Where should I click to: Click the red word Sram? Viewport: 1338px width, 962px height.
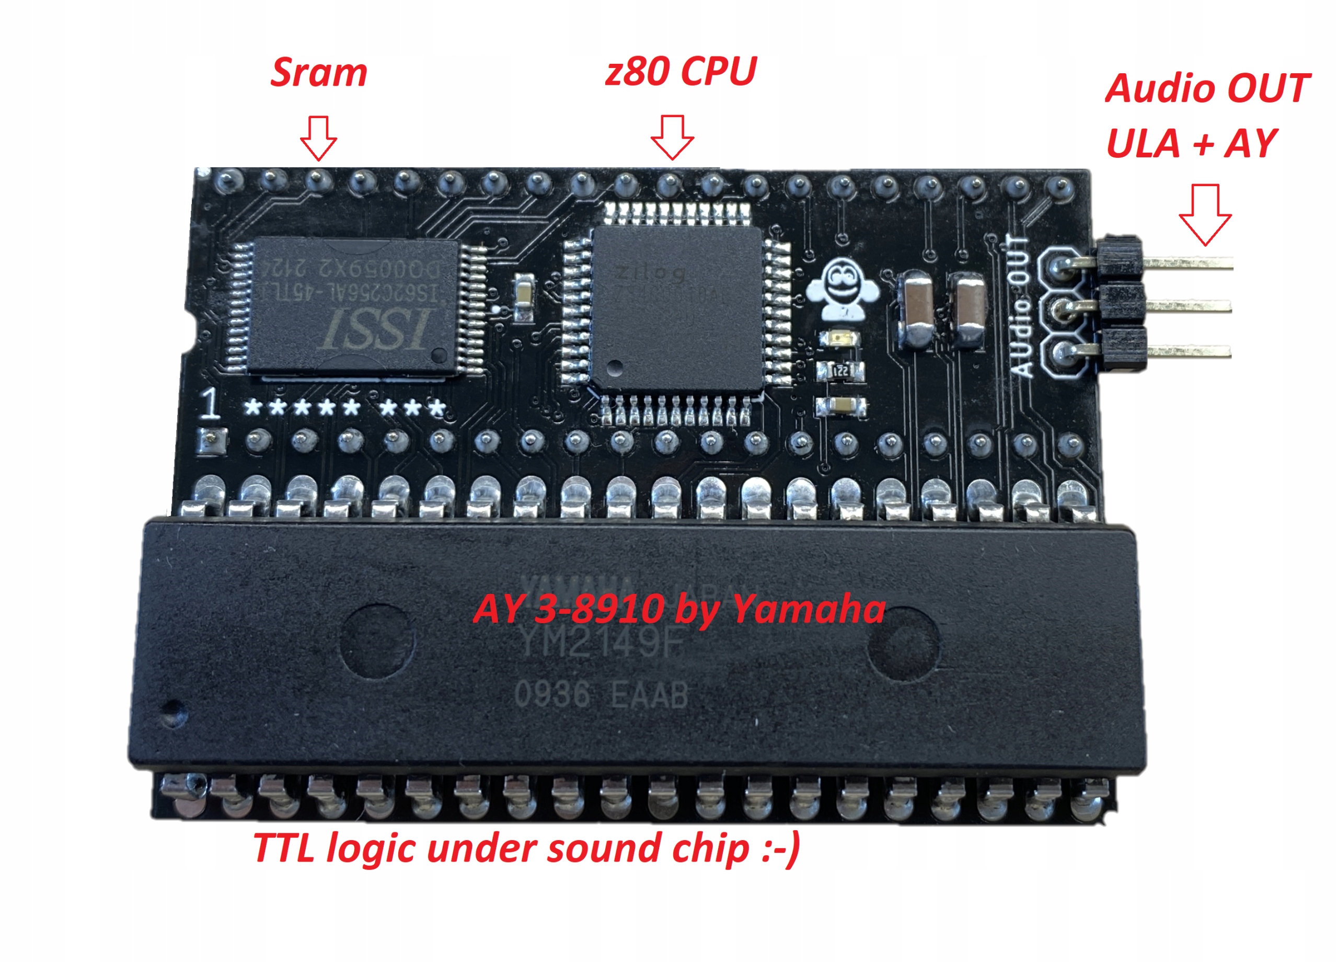[x=319, y=73]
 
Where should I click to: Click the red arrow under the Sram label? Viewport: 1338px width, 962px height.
[x=319, y=138]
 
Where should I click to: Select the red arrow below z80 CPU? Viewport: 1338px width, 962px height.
[x=672, y=137]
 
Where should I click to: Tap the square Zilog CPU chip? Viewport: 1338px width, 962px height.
[x=677, y=307]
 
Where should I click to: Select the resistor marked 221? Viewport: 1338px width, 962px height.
[x=840, y=371]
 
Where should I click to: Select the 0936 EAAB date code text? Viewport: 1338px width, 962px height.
[x=601, y=695]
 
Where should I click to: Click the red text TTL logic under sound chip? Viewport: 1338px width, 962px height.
[x=526, y=849]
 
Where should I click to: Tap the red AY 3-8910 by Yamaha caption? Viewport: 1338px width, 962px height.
[x=678, y=609]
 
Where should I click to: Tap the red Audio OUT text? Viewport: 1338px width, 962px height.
[x=1207, y=88]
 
